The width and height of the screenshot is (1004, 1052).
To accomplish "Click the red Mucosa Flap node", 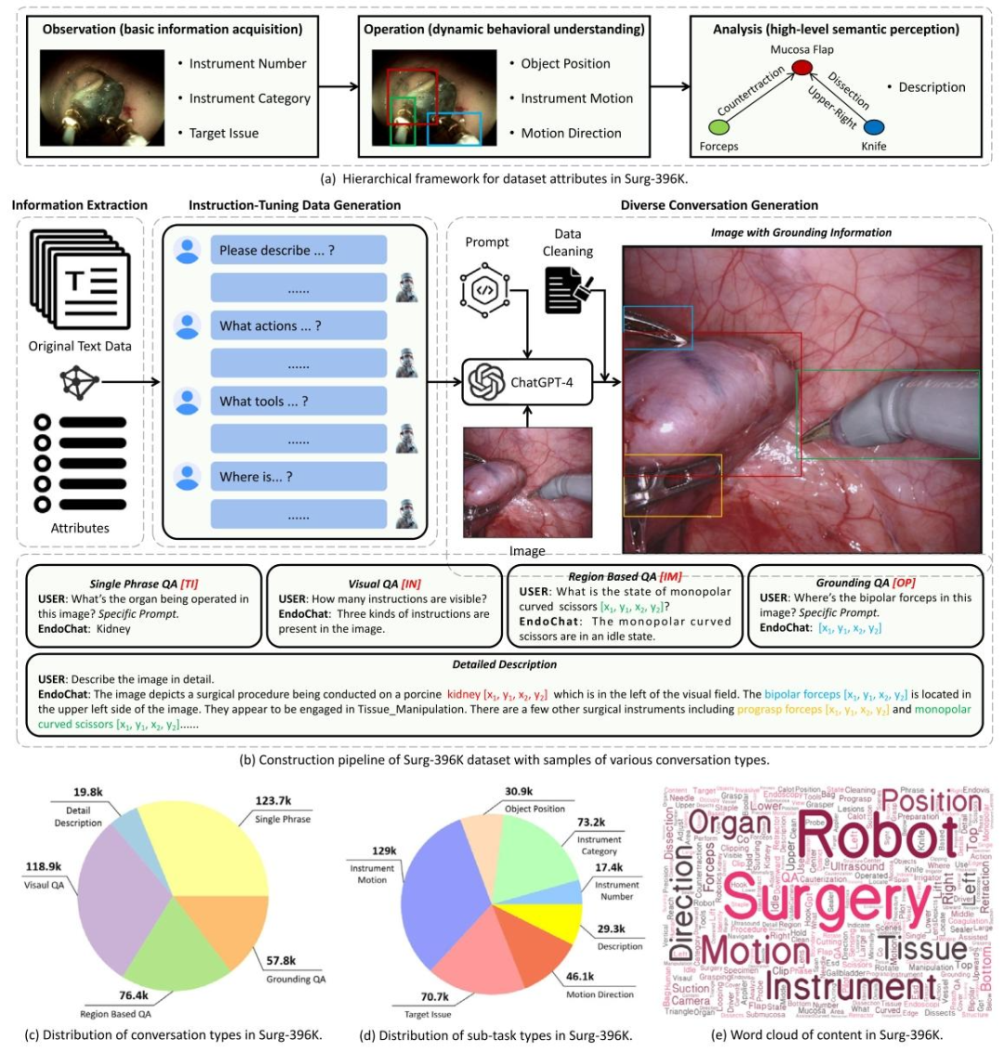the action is tap(801, 67).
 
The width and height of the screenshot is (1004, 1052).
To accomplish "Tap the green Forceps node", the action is tap(718, 125).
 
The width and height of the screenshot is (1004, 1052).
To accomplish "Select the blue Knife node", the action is tap(873, 125).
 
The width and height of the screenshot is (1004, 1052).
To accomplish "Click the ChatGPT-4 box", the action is tap(526, 382).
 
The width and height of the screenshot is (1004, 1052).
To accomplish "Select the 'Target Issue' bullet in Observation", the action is tap(223, 133).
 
